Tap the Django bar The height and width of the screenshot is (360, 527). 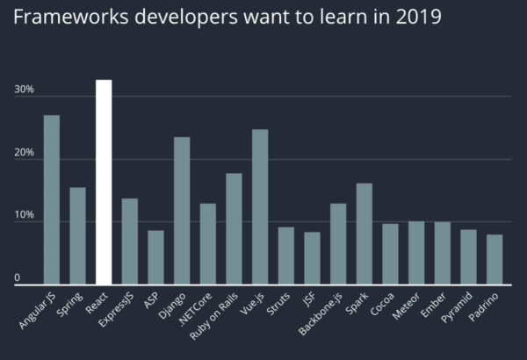(x=182, y=211)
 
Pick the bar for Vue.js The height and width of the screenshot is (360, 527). (x=260, y=207)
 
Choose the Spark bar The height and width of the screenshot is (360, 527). (x=365, y=234)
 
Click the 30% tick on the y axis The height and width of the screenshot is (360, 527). (x=24, y=90)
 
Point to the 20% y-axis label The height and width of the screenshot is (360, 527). (x=24, y=152)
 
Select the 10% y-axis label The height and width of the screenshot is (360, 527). (x=24, y=214)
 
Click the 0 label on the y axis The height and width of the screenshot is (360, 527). (x=17, y=278)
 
